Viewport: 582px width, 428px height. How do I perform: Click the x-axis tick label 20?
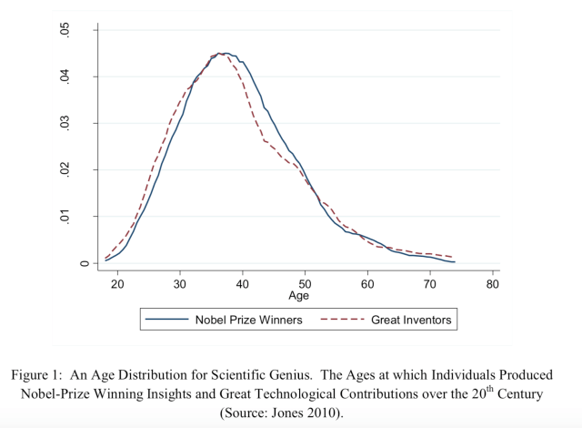coord(117,284)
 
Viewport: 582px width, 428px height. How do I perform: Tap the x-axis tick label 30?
coord(180,284)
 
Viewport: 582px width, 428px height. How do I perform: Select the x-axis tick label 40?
coord(243,284)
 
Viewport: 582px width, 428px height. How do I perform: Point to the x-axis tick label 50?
coord(306,284)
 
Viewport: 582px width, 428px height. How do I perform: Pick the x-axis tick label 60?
coord(367,284)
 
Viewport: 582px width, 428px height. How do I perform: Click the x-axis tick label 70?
coord(430,284)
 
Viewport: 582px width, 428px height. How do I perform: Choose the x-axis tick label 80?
coord(493,284)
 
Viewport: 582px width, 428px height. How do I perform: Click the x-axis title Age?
coord(298,296)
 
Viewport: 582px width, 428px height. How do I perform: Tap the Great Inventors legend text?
coord(411,320)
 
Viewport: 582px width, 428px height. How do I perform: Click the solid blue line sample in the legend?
coord(166,320)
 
